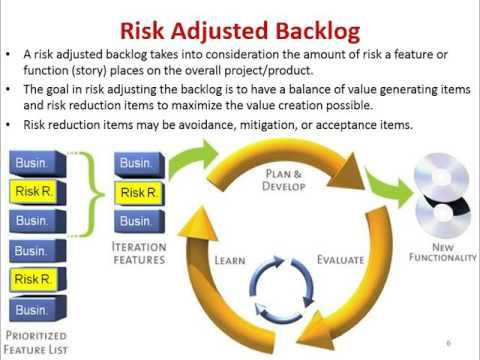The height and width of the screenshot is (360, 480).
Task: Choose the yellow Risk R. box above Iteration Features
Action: (137, 191)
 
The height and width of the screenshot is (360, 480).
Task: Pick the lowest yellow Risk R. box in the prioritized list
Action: (35, 279)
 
